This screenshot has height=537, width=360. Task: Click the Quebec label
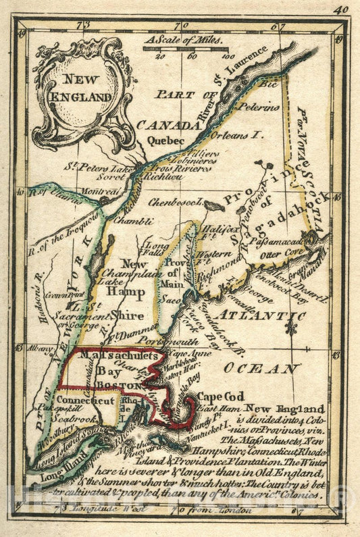point(165,140)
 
